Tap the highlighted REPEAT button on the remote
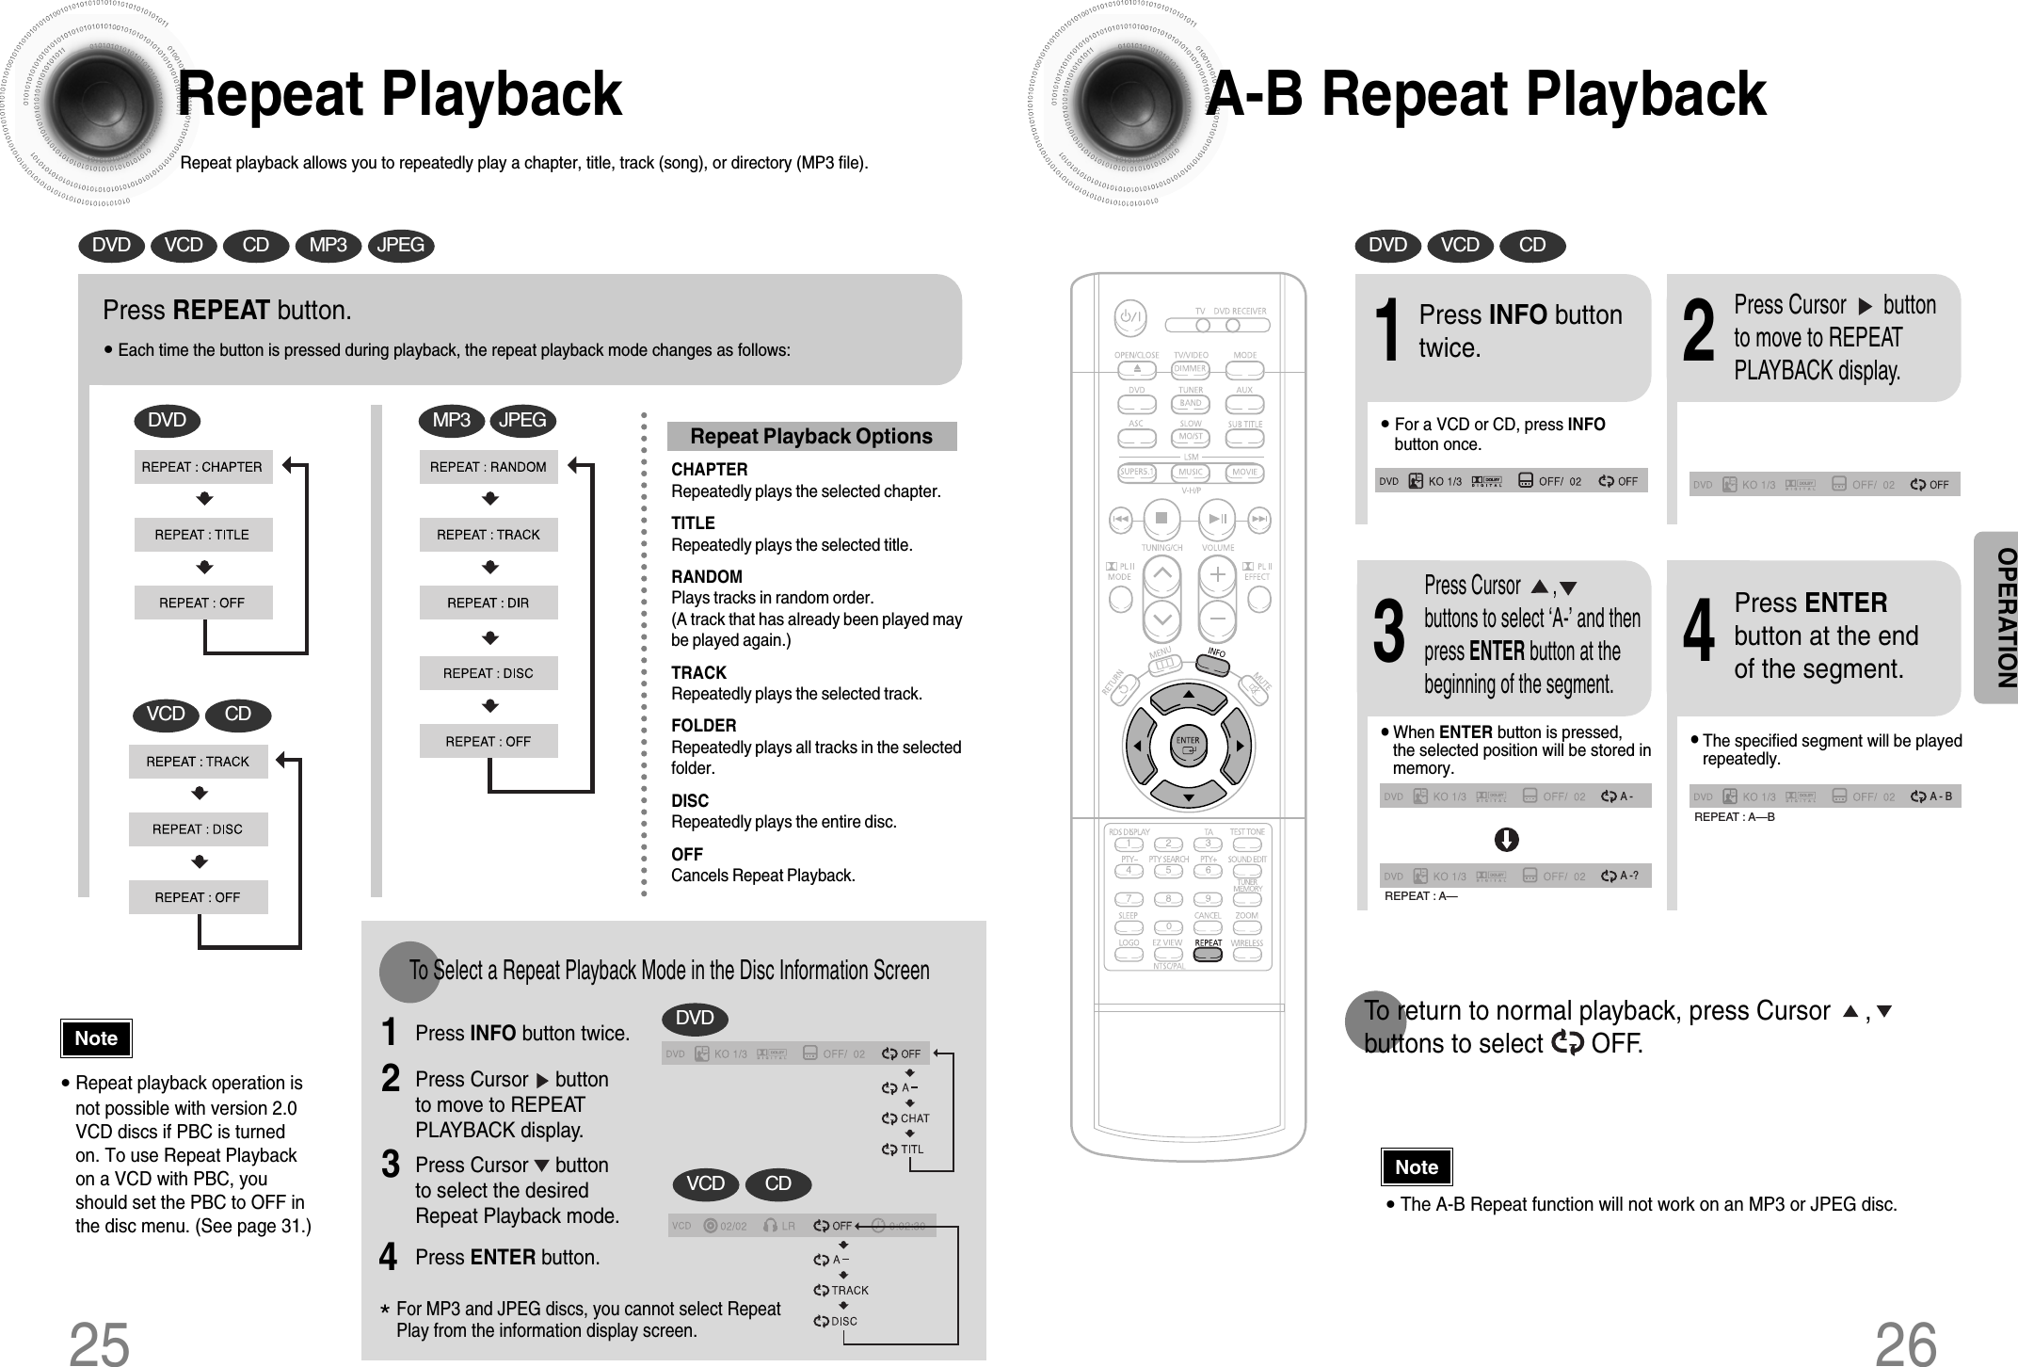pos(1208,953)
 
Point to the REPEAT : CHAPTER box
pos(202,467)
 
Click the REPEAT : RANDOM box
pos(488,467)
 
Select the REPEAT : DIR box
pos(488,603)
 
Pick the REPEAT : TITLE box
pos(202,535)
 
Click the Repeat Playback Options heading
pos(810,436)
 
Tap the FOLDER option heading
pos(703,725)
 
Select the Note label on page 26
pos(1416,1167)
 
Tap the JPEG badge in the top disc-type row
pos(400,246)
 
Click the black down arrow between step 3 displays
pos(1506,839)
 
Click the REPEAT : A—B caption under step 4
pos(1734,817)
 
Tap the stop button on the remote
pos(1161,518)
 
